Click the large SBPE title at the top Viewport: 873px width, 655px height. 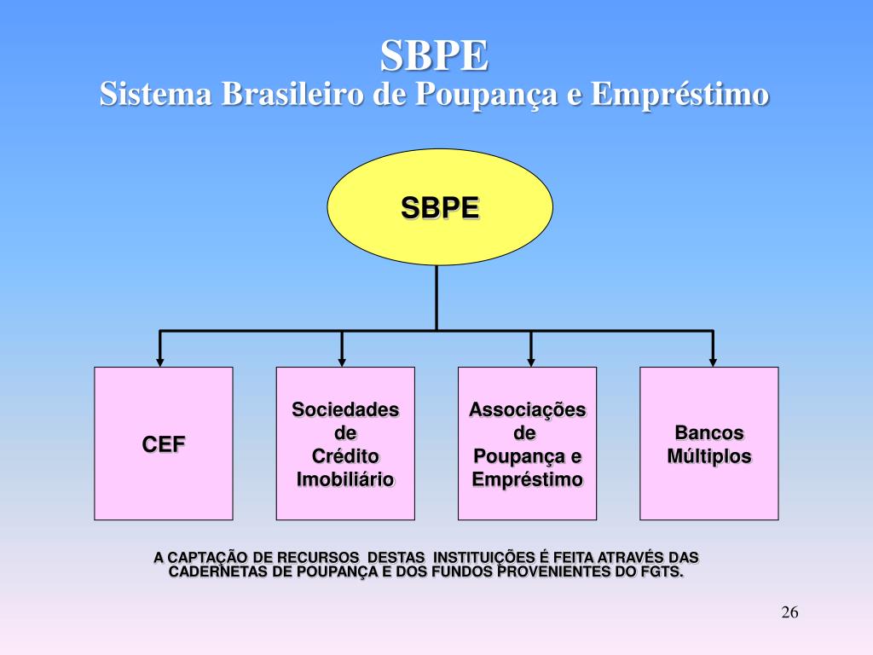(x=435, y=56)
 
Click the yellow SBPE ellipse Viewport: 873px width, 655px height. (x=440, y=207)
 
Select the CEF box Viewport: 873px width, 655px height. (x=164, y=443)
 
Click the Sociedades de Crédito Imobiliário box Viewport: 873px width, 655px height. (x=345, y=443)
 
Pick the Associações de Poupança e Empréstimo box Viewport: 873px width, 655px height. (x=527, y=443)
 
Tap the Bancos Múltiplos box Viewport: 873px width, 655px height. (x=709, y=443)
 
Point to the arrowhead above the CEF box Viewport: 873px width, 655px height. (x=159, y=360)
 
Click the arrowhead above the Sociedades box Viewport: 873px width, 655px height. (x=342, y=360)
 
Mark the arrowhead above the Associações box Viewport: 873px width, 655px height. (x=530, y=360)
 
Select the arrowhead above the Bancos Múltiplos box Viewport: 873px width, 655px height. (x=713, y=360)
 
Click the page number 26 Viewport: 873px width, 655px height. (x=789, y=612)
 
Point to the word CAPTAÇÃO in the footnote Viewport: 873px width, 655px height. (x=208, y=557)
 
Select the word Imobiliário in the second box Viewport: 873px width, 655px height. (x=345, y=479)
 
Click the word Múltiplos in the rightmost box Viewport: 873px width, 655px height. (x=709, y=456)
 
